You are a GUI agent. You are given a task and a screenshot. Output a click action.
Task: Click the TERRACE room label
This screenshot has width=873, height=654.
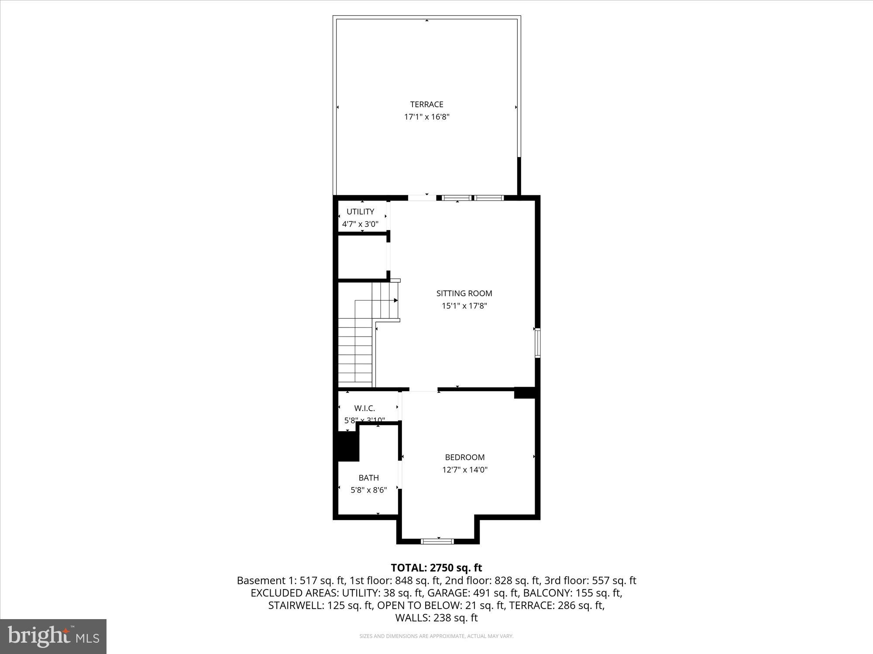coord(426,104)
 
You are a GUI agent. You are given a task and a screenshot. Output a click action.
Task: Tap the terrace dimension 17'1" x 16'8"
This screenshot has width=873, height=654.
coord(426,117)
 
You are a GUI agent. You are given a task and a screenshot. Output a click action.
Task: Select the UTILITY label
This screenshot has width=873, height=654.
coord(360,211)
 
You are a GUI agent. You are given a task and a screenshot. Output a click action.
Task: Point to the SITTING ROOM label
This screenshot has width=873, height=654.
coord(464,293)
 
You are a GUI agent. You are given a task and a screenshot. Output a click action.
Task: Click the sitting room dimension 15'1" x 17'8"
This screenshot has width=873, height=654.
coord(464,306)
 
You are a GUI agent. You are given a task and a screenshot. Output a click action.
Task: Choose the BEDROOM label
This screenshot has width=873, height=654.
coord(464,457)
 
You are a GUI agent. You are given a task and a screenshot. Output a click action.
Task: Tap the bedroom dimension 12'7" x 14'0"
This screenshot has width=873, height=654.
coord(464,470)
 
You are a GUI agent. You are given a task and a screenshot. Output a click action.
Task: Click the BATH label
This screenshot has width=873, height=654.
coord(368,478)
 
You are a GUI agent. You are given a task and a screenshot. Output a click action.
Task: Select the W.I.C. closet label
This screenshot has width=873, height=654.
coord(364,409)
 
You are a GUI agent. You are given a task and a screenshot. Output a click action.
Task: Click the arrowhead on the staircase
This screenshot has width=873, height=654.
coord(395,300)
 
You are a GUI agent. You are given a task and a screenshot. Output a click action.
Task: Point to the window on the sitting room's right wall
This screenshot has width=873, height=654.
coord(537,344)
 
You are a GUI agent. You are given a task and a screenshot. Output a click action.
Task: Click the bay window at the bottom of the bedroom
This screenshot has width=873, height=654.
coord(437,542)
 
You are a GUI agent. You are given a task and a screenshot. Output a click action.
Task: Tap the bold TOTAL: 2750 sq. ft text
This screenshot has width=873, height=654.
coord(436,568)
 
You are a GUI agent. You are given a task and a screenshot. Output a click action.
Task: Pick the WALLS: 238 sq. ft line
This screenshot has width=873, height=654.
coord(436,618)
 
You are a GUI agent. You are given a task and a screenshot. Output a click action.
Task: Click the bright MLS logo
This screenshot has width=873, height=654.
coord(53,637)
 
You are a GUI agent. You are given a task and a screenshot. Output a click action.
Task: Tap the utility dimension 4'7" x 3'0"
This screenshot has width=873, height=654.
coord(360,224)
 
